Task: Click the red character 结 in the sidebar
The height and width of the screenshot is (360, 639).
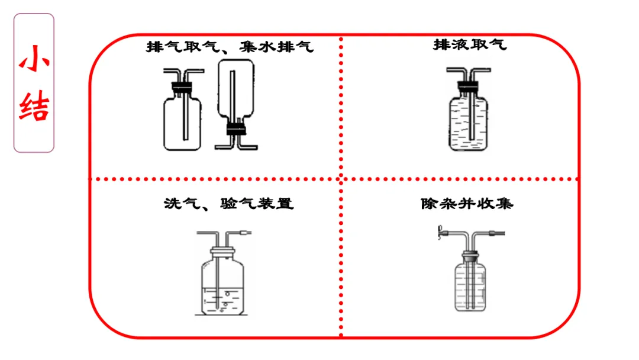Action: pos(34,107)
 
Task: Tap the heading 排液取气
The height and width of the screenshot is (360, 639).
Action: pos(470,44)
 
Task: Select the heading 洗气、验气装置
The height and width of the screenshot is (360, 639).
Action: pos(228,204)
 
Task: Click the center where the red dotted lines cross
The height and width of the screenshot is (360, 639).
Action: pos(341,178)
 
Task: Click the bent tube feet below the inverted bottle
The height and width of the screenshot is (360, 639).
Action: pos(236,144)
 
